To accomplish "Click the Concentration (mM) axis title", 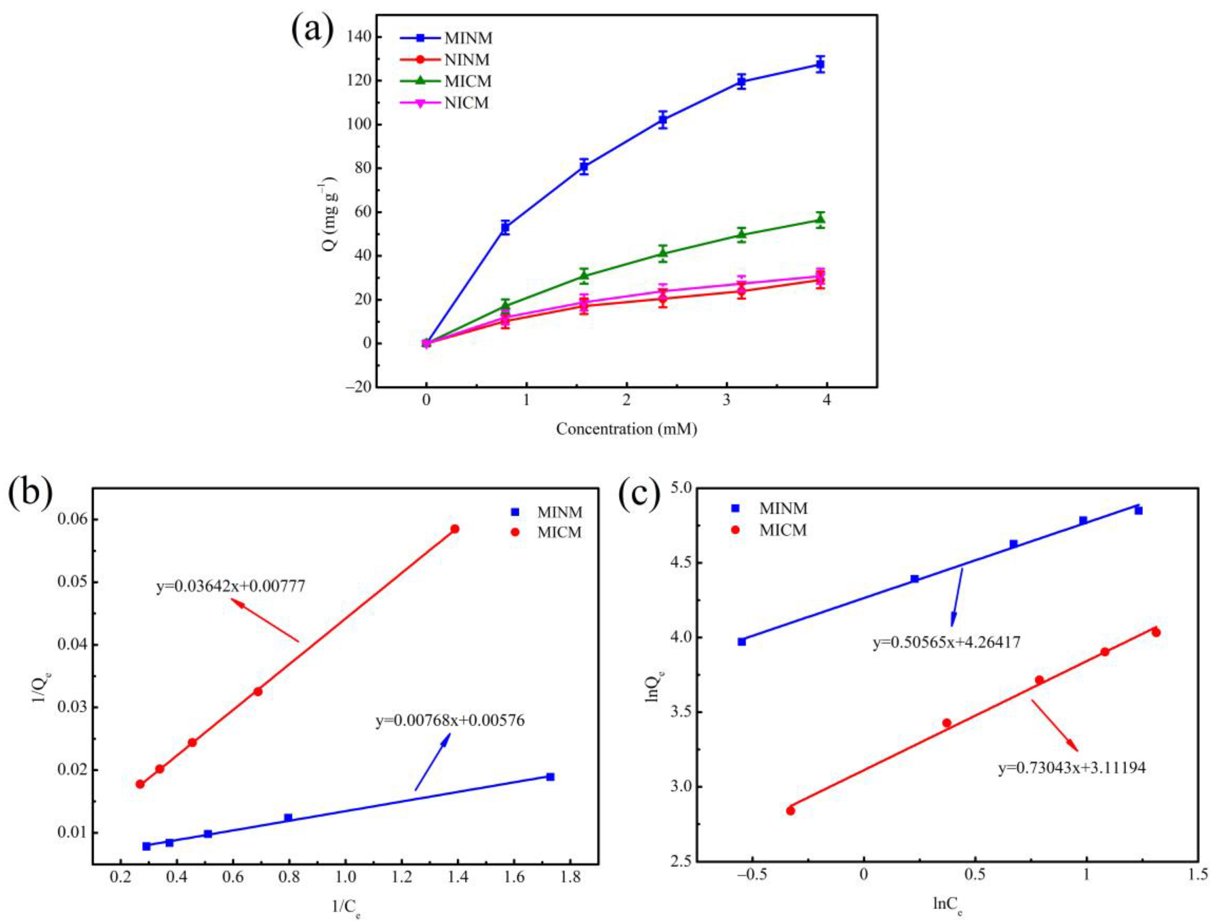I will tap(627, 429).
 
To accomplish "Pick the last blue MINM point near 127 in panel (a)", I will tap(820, 65).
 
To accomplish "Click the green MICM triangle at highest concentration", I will tap(820, 220).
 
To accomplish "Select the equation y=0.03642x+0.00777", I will tap(231, 586).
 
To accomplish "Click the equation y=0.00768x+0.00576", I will tap(450, 721).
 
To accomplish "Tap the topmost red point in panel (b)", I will tap(455, 529).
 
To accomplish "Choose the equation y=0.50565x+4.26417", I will tap(946, 643).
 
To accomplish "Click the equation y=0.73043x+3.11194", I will tap(1072, 768).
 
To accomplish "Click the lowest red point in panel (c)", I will tap(790, 811).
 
